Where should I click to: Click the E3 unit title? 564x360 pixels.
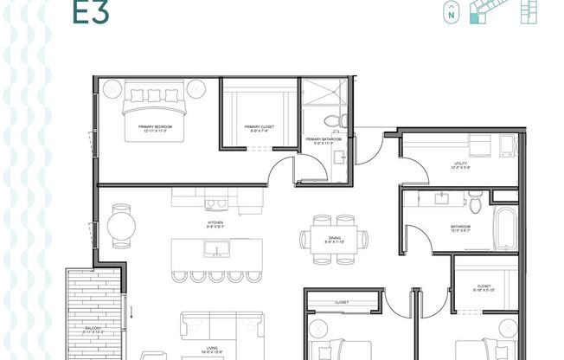coord(82,11)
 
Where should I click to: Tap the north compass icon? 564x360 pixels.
coord(450,13)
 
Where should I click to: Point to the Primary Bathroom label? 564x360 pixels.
coord(324,140)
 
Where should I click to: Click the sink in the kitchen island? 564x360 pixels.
coord(215,250)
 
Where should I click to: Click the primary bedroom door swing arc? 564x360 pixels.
coord(279,170)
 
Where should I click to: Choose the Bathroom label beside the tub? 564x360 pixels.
coord(460,229)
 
